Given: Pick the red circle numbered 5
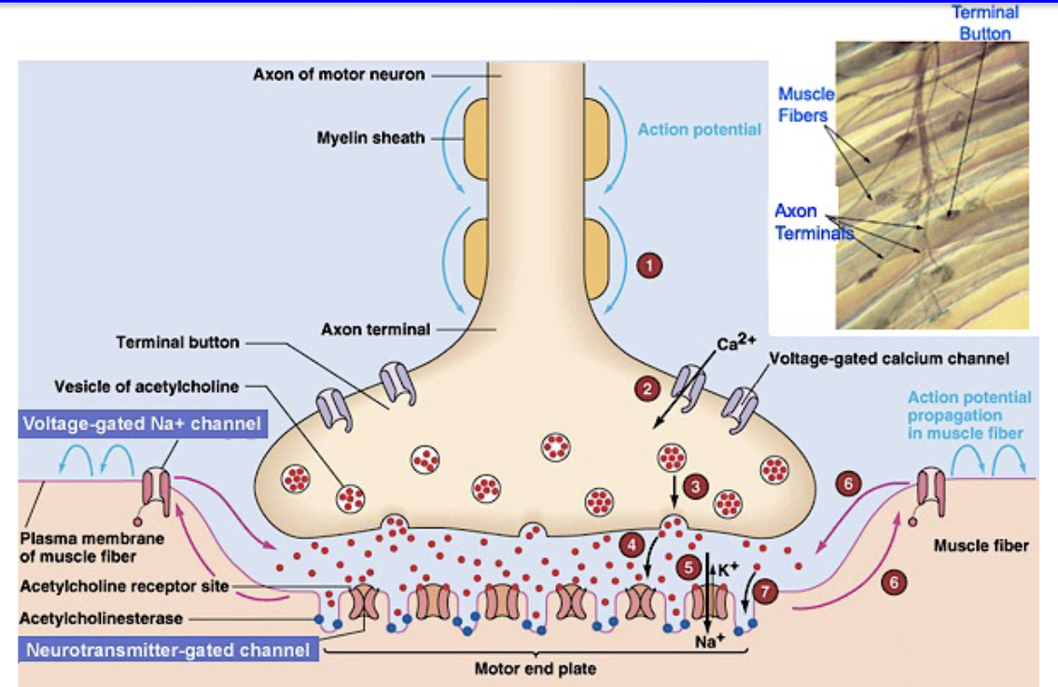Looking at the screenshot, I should [x=689, y=566].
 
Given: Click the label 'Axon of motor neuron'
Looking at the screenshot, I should [x=339, y=74].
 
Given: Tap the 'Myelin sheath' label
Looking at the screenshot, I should [x=370, y=138].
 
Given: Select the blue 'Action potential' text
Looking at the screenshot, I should [x=699, y=130].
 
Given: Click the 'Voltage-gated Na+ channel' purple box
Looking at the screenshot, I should [x=142, y=425].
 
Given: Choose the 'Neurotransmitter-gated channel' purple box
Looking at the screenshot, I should [x=167, y=649].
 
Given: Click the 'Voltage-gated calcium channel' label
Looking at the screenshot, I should [x=888, y=358].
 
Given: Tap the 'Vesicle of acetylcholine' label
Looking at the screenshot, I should [x=146, y=386].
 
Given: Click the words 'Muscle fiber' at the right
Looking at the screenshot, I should [x=981, y=545].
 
